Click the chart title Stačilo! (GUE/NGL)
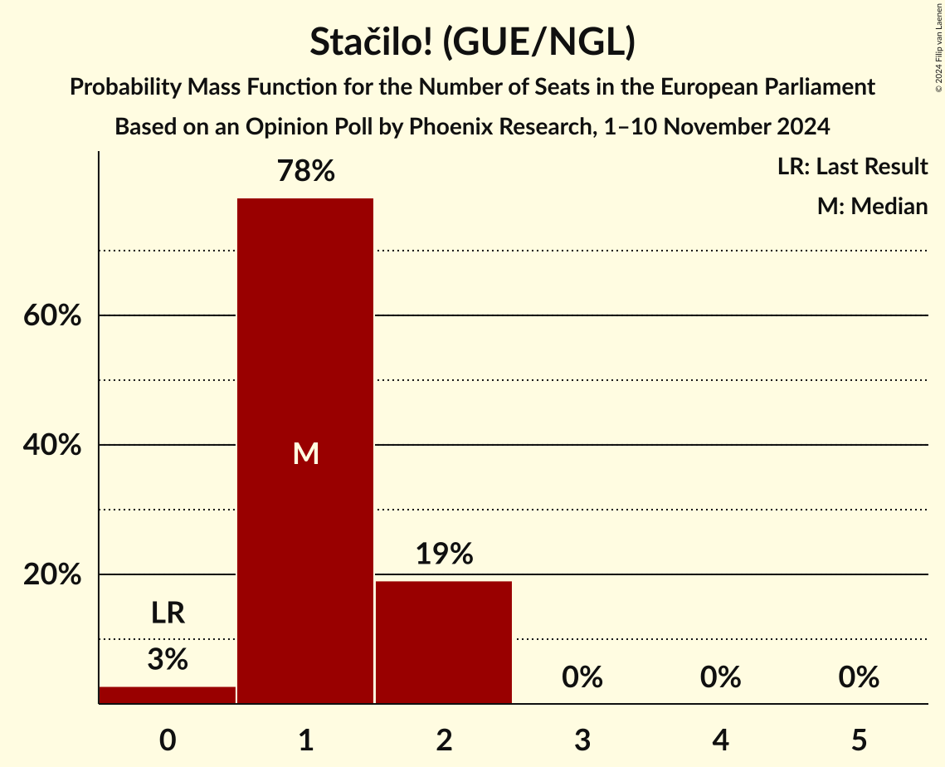click(x=472, y=42)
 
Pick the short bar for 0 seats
click(x=168, y=695)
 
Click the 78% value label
click(x=305, y=172)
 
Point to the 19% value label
click(x=444, y=554)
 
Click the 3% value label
click(x=168, y=660)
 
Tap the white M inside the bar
click(x=305, y=453)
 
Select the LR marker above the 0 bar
click(x=168, y=613)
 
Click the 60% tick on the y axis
click(x=51, y=316)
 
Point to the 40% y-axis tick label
click(x=51, y=446)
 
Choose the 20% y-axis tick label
click(x=51, y=575)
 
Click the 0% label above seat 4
click(x=720, y=678)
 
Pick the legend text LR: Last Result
click(x=852, y=167)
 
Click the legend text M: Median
click(x=872, y=206)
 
